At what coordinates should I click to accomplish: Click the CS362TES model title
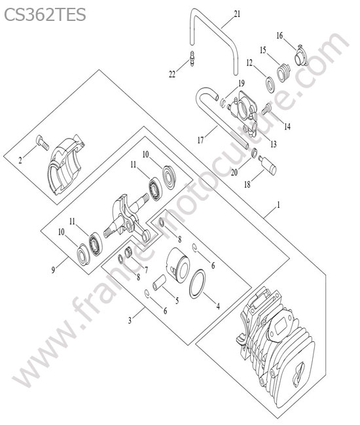45,14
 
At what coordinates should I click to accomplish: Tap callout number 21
237,14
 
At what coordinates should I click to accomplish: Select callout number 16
279,35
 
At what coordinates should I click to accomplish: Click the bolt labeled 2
43,143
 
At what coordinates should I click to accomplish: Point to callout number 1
278,205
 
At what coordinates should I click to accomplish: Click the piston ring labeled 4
197,284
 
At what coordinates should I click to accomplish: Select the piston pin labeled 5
159,282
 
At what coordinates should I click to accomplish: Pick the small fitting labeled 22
192,59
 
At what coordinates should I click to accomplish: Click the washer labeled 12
270,85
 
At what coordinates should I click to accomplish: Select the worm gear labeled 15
283,73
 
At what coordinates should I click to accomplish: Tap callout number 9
54,269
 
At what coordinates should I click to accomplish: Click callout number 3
130,320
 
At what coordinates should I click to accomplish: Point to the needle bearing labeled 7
128,254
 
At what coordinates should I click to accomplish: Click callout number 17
200,140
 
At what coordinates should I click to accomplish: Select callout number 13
274,144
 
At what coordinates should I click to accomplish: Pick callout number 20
234,172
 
